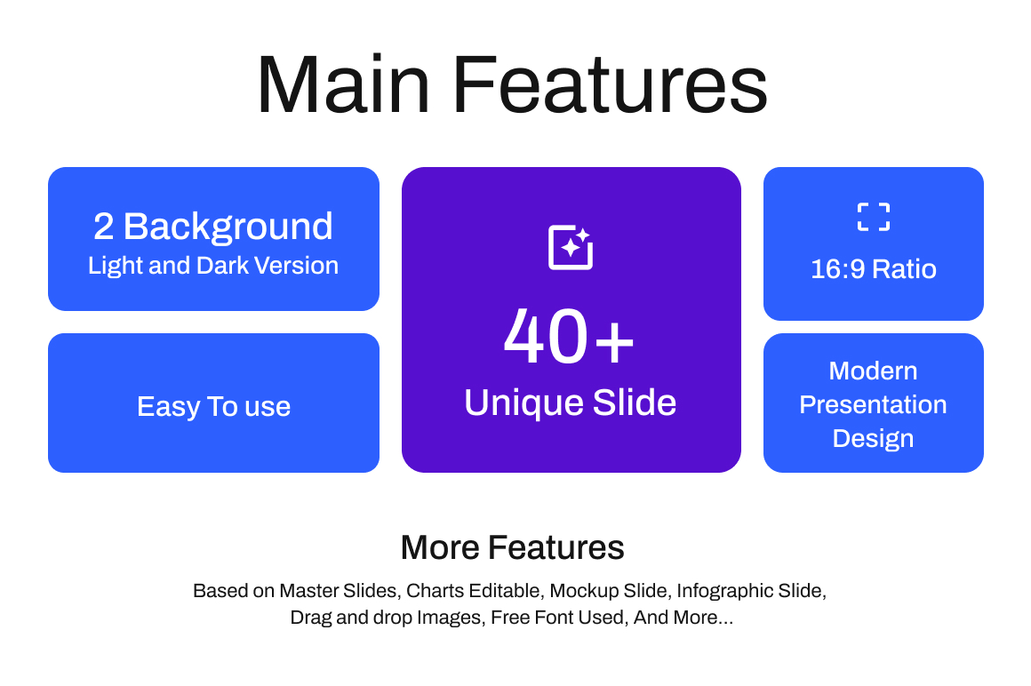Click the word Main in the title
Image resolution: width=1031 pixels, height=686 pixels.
pos(343,85)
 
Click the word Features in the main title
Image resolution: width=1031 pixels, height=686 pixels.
pos(611,85)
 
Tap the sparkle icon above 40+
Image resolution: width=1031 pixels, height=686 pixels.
pos(571,247)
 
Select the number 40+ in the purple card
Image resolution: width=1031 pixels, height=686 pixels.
pos(570,336)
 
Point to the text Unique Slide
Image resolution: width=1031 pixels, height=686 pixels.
pos(570,403)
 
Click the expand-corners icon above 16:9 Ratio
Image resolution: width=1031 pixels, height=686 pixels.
pos(873,217)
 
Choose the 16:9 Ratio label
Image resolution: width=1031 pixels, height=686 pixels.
pos(873,268)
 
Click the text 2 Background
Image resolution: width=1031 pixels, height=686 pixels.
pos(213,227)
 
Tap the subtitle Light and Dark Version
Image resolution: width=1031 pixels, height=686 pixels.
pos(213,266)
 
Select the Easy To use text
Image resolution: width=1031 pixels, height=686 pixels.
pos(213,406)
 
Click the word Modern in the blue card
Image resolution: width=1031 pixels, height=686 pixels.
pos(873,371)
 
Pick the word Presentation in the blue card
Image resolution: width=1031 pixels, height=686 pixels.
pos(873,404)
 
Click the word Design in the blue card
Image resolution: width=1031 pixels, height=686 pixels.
pos(873,438)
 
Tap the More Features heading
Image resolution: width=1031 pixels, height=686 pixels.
pos(512,547)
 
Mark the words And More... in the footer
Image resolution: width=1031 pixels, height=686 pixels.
pos(683,618)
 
